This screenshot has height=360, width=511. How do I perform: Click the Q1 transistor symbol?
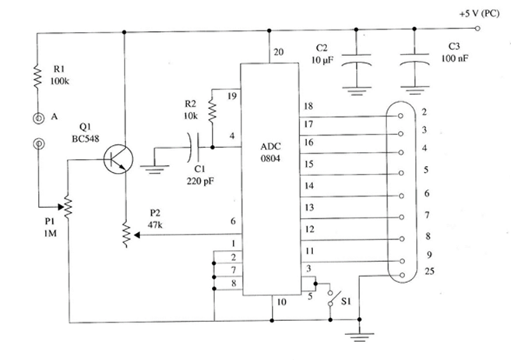pyautogui.click(x=118, y=159)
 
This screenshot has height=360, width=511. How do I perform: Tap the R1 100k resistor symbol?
pyautogui.click(x=37, y=76)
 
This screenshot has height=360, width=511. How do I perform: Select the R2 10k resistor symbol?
pyautogui.click(x=212, y=110)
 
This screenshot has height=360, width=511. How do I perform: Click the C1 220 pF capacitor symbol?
pyautogui.click(x=193, y=147)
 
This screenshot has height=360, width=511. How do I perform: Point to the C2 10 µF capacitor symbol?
pyautogui.click(x=356, y=61)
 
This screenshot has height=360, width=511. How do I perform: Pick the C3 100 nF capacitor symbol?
pyautogui.click(x=414, y=60)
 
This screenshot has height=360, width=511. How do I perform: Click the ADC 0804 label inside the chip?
pyautogui.click(x=270, y=152)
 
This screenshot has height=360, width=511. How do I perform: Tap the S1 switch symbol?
pyautogui.click(x=333, y=298)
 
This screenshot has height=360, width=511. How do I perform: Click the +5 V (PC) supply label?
pyautogui.click(x=479, y=14)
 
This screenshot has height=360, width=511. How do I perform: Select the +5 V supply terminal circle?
pyautogui.click(x=478, y=28)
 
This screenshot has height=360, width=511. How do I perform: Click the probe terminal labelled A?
pyautogui.click(x=38, y=118)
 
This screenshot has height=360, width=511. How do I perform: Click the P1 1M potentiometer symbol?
pyautogui.click(x=67, y=206)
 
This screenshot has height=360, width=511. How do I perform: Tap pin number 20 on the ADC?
pyautogui.click(x=279, y=52)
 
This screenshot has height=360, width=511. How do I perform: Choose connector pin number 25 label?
pyautogui.click(x=429, y=271)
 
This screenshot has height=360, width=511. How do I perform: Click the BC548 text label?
pyautogui.click(x=86, y=139)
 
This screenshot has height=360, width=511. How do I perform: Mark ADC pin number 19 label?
pyautogui.click(x=232, y=96)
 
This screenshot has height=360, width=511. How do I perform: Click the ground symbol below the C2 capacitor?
pyautogui.click(x=356, y=91)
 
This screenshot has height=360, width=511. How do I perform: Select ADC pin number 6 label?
pyautogui.click(x=233, y=221)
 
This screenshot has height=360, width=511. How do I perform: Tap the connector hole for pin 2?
pyautogui.click(x=400, y=116)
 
